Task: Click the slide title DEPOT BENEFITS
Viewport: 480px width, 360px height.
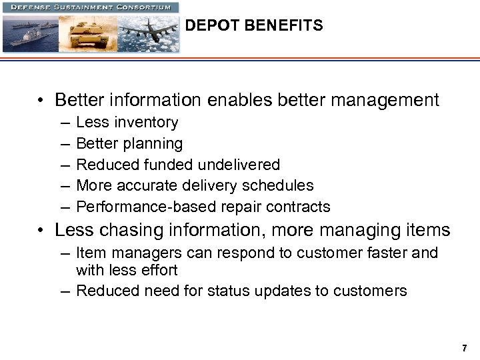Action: [253, 26]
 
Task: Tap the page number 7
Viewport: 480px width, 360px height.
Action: [464, 348]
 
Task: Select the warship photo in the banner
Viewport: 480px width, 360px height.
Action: [30, 33]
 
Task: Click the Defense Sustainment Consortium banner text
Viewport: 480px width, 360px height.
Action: [91, 7]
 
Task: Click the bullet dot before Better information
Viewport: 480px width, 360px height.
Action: [41, 101]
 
